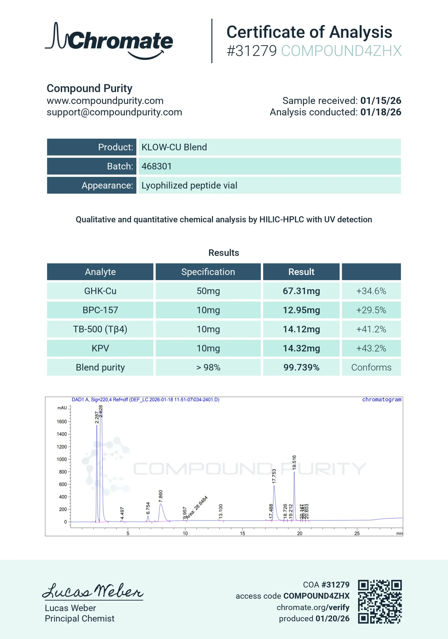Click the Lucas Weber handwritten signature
point(93,591)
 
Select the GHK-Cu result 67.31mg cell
point(301,291)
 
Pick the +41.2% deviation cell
point(371,329)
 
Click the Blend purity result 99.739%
point(301,367)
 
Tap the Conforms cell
point(371,367)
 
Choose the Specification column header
point(208,272)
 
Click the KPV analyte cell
point(100,348)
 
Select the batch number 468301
point(157,166)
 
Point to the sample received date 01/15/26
point(380,101)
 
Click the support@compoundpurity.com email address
point(114,112)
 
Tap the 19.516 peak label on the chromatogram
point(294,463)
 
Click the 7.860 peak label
point(160,496)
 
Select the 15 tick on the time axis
point(242,533)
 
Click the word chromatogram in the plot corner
point(382,399)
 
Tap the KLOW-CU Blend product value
point(174,147)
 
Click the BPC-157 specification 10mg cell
point(208,310)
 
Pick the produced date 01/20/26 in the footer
point(332,618)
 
